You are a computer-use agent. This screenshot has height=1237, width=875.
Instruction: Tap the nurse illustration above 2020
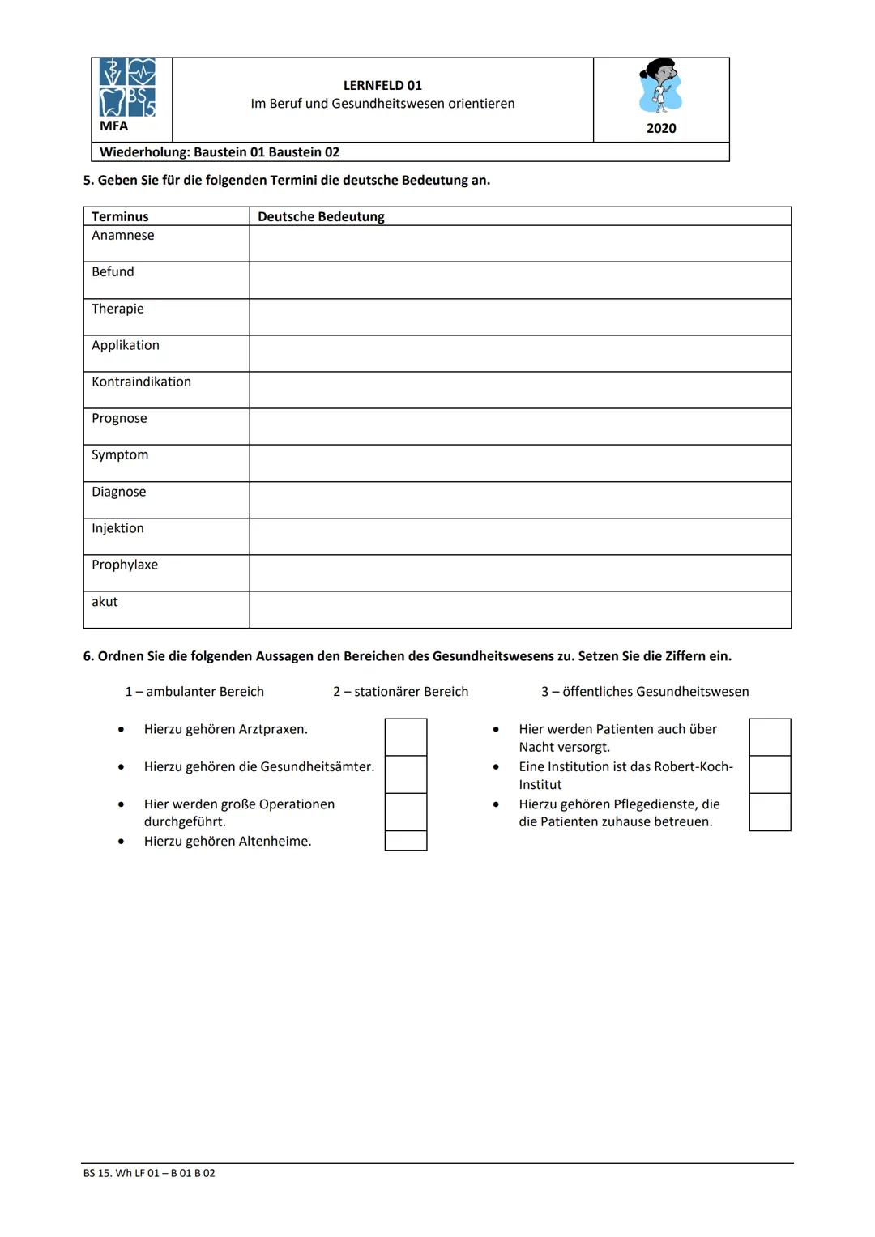661,86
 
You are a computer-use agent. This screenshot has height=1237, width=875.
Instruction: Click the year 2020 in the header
661,128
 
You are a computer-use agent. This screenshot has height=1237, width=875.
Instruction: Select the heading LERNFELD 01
382,85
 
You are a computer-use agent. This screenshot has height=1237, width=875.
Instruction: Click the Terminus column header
120,216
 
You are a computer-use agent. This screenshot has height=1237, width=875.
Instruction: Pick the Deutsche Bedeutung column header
321,216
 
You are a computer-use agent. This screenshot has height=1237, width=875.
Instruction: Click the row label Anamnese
122,235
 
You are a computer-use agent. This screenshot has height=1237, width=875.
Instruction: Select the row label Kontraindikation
141,382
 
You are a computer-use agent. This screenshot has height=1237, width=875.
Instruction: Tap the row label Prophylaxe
125,565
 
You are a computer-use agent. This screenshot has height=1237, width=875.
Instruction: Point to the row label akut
105,601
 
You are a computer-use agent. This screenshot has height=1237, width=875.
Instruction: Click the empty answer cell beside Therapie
519,317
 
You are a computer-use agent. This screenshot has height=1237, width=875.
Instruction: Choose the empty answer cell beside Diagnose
519,500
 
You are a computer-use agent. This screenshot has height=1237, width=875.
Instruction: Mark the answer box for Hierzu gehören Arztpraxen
405,736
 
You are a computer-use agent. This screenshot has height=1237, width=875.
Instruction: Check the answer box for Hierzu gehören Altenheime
405,841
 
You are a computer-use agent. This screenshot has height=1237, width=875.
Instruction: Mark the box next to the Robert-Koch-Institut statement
770,774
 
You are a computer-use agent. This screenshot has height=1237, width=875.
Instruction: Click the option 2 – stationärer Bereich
400,691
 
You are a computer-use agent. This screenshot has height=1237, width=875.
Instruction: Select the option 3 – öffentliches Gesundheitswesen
645,691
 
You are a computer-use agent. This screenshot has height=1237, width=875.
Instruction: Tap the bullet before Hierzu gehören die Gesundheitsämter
122,766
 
